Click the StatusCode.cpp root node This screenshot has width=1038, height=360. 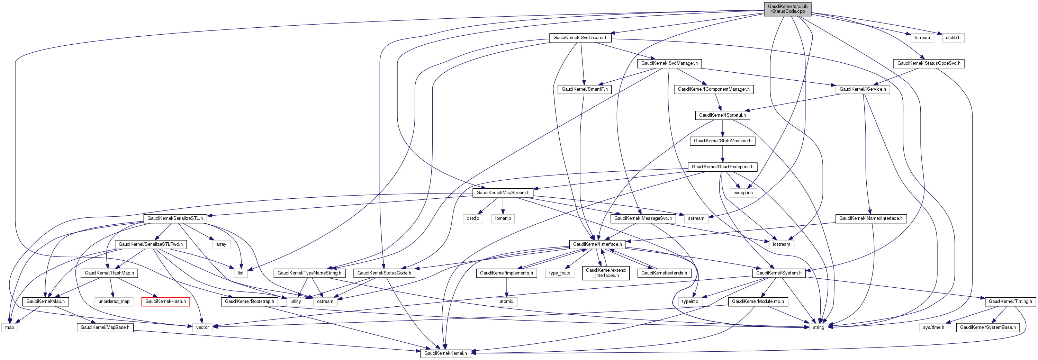click(x=787, y=9)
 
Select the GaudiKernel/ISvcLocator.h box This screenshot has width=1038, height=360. click(x=580, y=37)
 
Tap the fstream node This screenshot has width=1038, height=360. click(x=922, y=37)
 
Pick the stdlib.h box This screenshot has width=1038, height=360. click(x=953, y=37)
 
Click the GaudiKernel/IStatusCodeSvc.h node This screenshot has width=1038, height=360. click(x=928, y=63)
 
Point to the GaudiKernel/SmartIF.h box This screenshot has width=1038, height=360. click(x=584, y=89)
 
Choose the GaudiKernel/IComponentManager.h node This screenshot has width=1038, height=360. click(x=714, y=89)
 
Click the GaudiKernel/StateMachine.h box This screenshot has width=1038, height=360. click(x=722, y=141)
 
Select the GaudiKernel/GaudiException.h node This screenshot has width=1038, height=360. click(x=722, y=166)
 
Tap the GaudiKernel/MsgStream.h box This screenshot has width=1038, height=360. click(x=503, y=193)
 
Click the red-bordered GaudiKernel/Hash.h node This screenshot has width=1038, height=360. click(x=165, y=301)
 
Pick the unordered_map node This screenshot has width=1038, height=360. click(x=114, y=301)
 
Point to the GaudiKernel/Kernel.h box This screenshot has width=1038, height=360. click(x=445, y=353)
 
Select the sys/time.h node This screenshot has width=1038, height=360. click(x=933, y=327)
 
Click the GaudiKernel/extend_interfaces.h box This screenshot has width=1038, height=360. click(x=606, y=273)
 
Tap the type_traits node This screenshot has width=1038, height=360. click(x=559, y=273)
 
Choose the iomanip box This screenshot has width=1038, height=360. click(x=503, y=218)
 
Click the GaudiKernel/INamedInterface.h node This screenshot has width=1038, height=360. click(x=871, y=218)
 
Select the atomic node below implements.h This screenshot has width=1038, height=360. click(x=506, y=301)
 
